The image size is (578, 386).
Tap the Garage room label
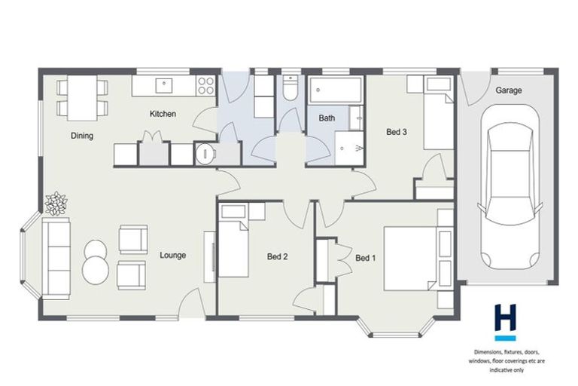(x=508, y=90)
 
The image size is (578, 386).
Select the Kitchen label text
(x=163, y=114)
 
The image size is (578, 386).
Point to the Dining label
(x=82, y=136)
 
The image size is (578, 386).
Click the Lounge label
(x=172, y=255)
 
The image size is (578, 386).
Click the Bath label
(x=327, y=118)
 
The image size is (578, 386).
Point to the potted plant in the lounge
(x=56, y=203)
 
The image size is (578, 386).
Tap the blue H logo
(x=505, y=320)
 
